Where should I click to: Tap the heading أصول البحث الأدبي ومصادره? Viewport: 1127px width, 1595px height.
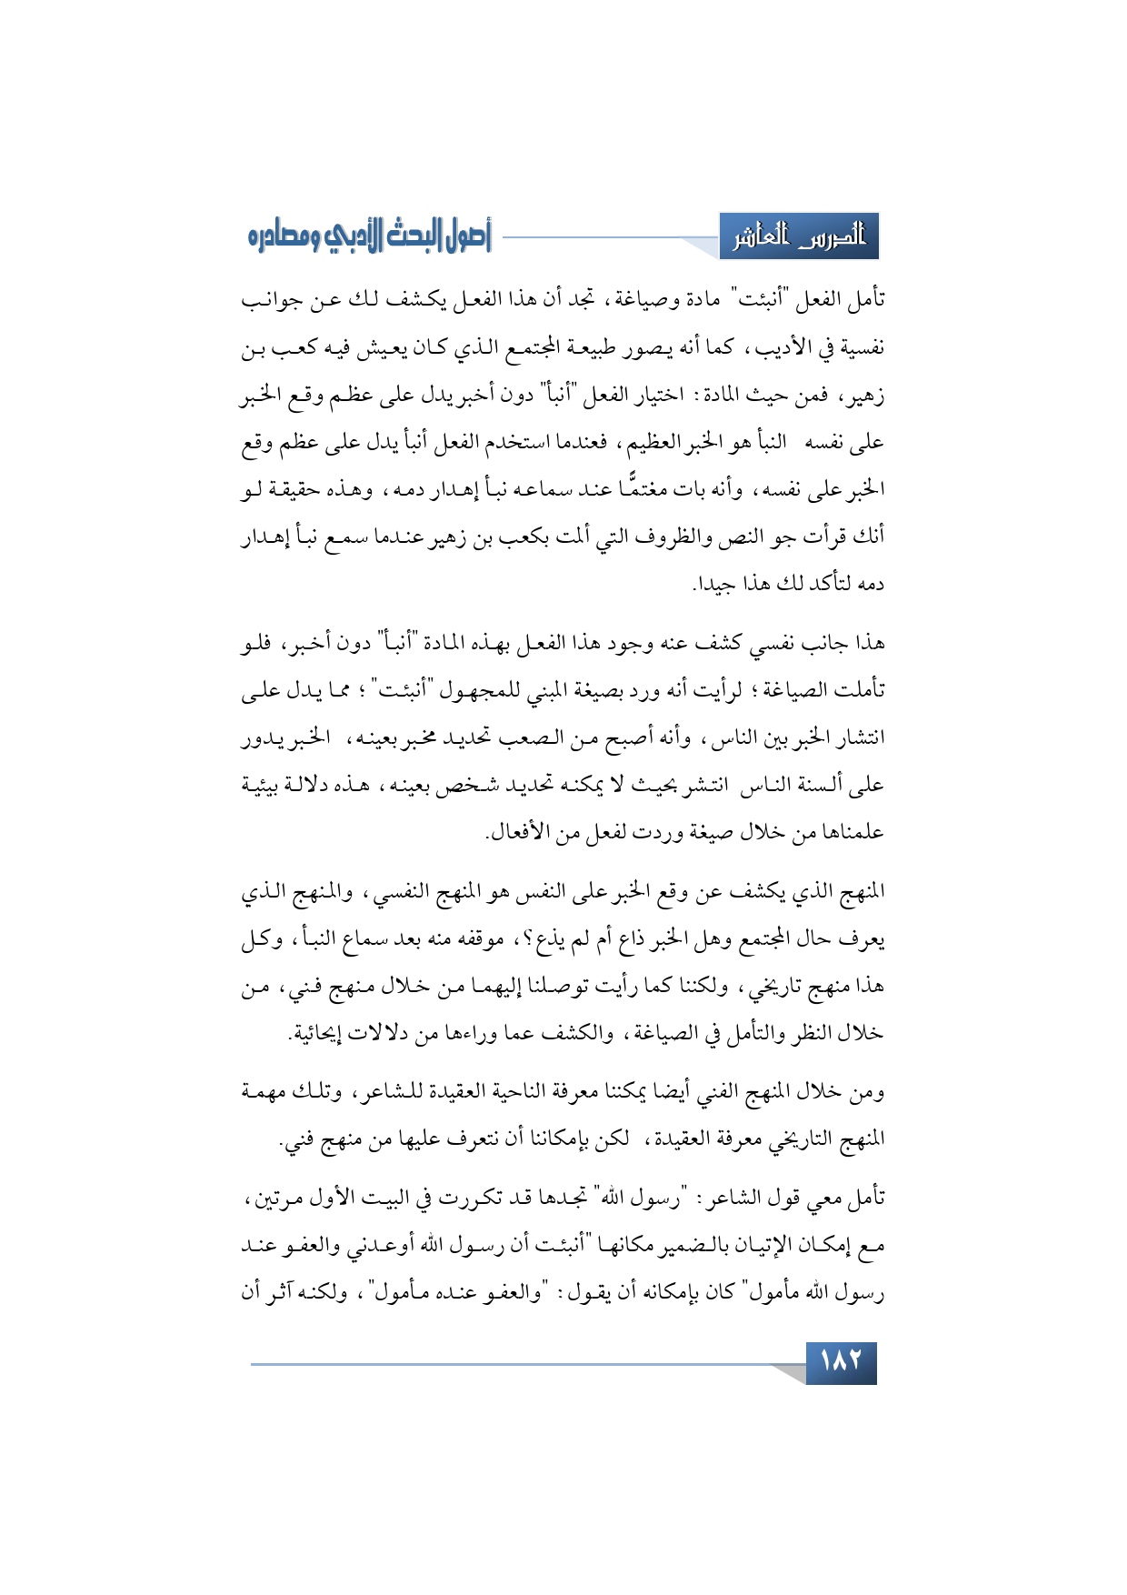369,237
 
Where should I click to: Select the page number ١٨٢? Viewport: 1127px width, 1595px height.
841,1362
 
